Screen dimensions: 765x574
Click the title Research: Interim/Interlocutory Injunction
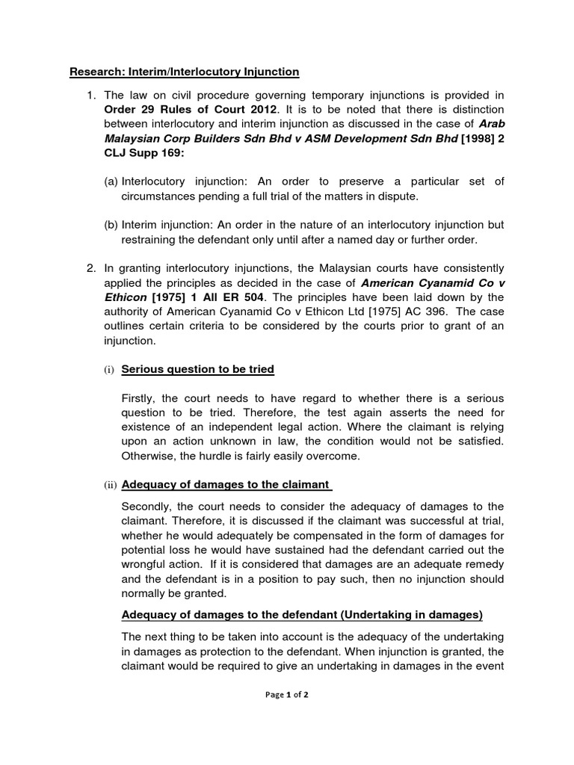point(184,72)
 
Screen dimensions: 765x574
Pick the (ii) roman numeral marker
point(111,485)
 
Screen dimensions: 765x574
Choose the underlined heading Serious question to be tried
point(197,369)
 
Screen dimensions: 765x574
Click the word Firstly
point(140,398)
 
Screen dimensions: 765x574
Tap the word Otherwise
point(150,456)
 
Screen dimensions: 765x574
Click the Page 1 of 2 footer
point(286,694)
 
